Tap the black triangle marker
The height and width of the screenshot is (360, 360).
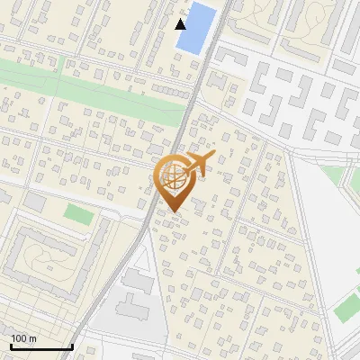182,23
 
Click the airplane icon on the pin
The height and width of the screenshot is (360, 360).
199,164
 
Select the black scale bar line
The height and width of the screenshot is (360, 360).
41,346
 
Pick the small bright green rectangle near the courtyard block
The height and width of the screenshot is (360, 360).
78,215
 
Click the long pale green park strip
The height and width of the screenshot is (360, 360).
90,90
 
